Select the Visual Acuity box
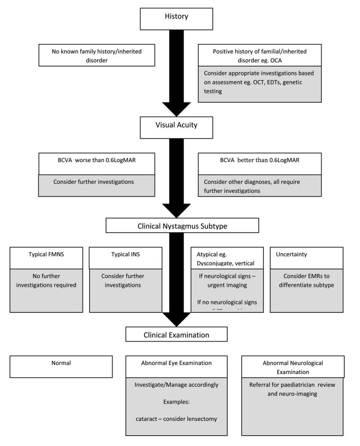point(182,125)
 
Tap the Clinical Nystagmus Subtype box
point(182,226)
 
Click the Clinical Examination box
point(176,334)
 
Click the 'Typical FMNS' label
point(44,254)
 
